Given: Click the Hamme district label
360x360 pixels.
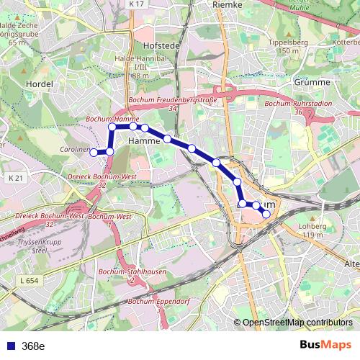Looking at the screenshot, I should click(143, 142).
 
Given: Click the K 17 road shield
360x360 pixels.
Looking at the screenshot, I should click(138, 4).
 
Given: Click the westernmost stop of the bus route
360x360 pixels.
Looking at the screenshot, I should click(93, 152).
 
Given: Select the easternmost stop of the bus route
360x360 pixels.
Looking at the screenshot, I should click(266, 214).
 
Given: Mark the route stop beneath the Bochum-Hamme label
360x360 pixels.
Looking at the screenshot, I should click(112, 127).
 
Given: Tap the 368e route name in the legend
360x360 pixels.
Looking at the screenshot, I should click(32, 346).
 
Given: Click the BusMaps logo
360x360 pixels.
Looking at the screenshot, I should click(324, 345).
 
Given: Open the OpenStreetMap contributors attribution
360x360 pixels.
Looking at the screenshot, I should click(296, 323).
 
